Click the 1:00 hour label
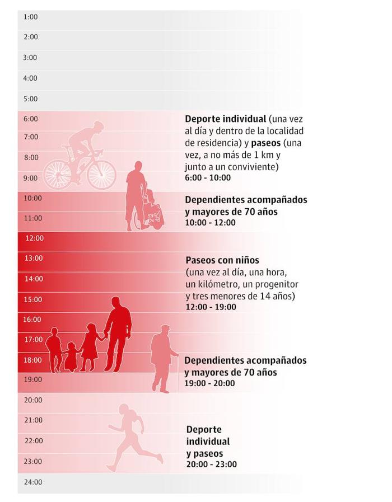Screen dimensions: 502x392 click(x=30, y=17)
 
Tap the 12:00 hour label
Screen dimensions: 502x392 click(x=34, y=238)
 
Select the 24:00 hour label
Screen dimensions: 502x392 click(x=32, y=482)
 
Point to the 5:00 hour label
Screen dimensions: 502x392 click(x=30, y=99)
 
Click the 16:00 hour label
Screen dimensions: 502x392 click(x=32, y=320)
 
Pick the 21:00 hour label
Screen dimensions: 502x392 click(x=32, y=420)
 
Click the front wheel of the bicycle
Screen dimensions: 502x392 click(x=101, y=174)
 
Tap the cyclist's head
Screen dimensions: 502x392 click(x=99, y=126)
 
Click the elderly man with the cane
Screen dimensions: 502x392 click(x=163, y=358)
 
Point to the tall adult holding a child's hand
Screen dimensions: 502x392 click(x=118, y=333)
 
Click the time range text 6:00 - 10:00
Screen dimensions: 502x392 click(x=207, y=178)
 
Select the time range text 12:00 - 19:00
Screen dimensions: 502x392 click(x=211, y=307)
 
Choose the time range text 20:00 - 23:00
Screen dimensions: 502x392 click(x=211, y=465)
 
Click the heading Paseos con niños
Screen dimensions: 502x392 click(x=222, y=261)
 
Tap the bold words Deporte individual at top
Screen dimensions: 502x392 click(x=225, y=119)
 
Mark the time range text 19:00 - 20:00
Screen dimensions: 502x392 click(x=209, y=383)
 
